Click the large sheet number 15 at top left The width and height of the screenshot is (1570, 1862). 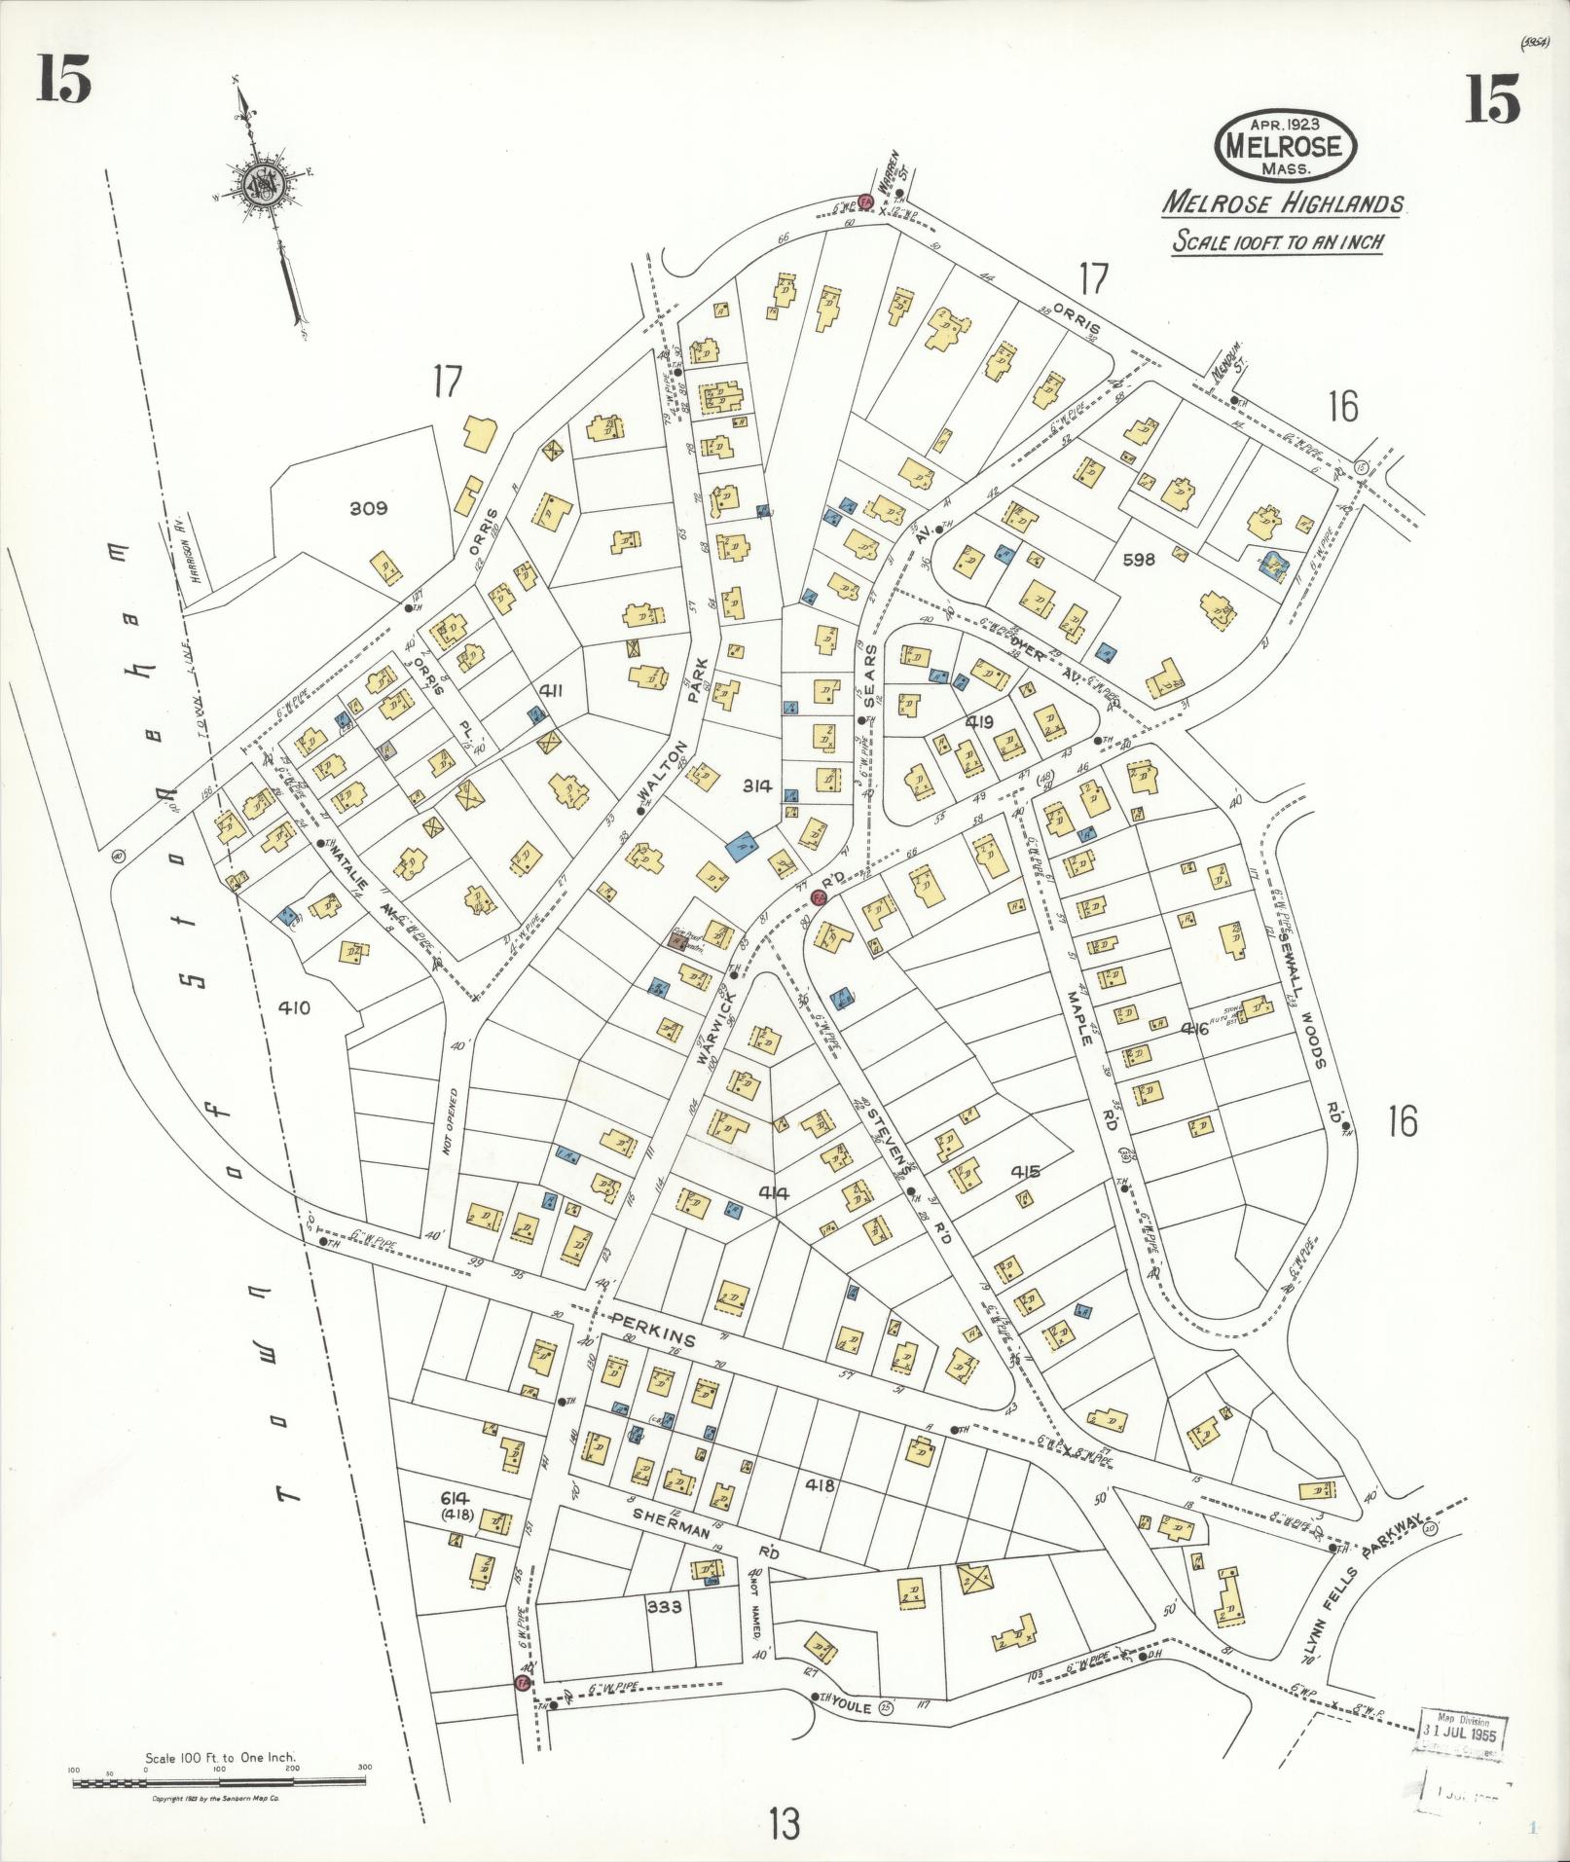click(64, 80)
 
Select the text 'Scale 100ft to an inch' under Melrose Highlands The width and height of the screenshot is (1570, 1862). click(1276, 240)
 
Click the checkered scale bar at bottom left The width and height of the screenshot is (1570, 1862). click(218, 1783)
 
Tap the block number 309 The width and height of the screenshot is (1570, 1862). click(368, 508)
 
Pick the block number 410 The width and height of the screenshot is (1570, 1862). click(293, 1008)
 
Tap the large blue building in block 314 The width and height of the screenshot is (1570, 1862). click(744, 846)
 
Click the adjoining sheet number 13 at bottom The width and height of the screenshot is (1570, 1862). click(783, 1823)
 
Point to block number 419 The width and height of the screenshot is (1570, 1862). click(978, 722)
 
